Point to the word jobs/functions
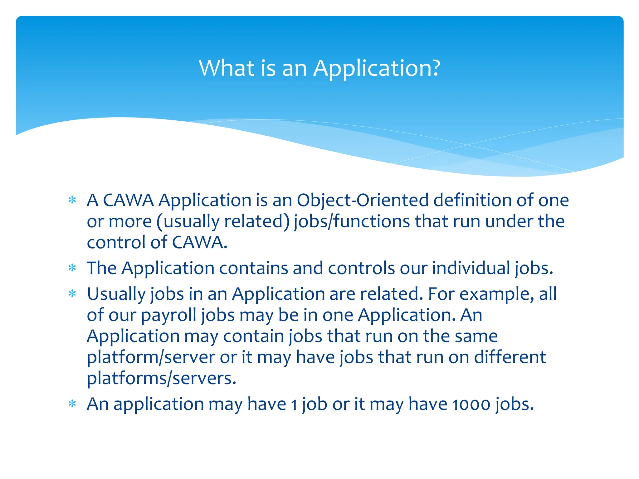click(x=352, y=221)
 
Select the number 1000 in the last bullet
click(x=471, y=404)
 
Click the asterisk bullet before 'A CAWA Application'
click(x=72, y=200)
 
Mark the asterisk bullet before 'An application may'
click(x=72, y=404)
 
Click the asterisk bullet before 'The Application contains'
click(x=72, y=268)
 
